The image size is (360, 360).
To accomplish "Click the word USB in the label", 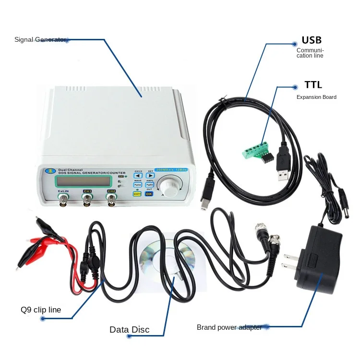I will pyautogui.click(x=312, y=40).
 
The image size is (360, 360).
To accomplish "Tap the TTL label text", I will pyautogui.click(x=313, y=85).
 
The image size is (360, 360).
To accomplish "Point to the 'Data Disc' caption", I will pyautogui.click(x=129, y=330).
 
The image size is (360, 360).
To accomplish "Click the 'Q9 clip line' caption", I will pyautogui.click(x=41, y=310).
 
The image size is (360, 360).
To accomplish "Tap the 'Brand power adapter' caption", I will pyautogui.click(x=229, y=327).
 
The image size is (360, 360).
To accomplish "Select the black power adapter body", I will pyautogui.click(x=319, y=259).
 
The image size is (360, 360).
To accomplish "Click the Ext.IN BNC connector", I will pyautogui.click(x=63, y=201).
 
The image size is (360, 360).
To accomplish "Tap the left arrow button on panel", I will pyautogui.click(x=138, y=176).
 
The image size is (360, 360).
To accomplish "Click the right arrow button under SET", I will pyautogui.click(x=150, y=176).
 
